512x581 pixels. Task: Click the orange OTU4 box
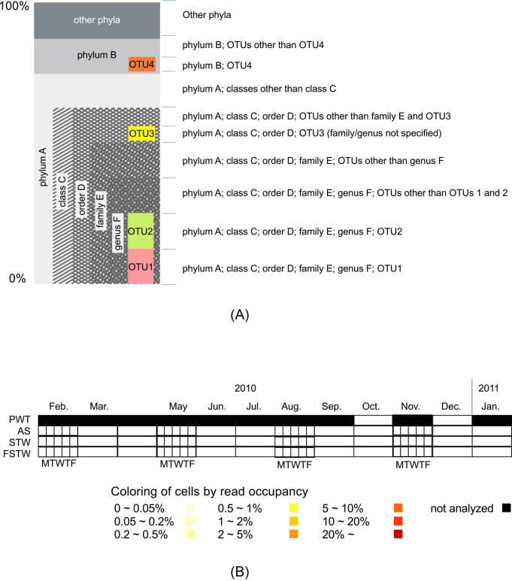pyautogui.click(x=142, y=63)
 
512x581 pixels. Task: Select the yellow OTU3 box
pyautogui.click(x=141, y=134)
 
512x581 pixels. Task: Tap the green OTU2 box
pyautogui.click(x=141, y=231)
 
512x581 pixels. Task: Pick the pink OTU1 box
pyautogui.click(x=141, y=267)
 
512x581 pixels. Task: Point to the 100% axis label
pyautogui.click(x=14, y=5)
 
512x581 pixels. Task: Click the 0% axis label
pyautogui.click(x=17, y=278)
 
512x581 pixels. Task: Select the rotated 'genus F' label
pyautogui.click(x=117, y=232)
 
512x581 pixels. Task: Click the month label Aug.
pyautogui.click(x=291, y=406)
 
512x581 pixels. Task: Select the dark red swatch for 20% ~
pyautogui.click(x=398, y=534)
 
